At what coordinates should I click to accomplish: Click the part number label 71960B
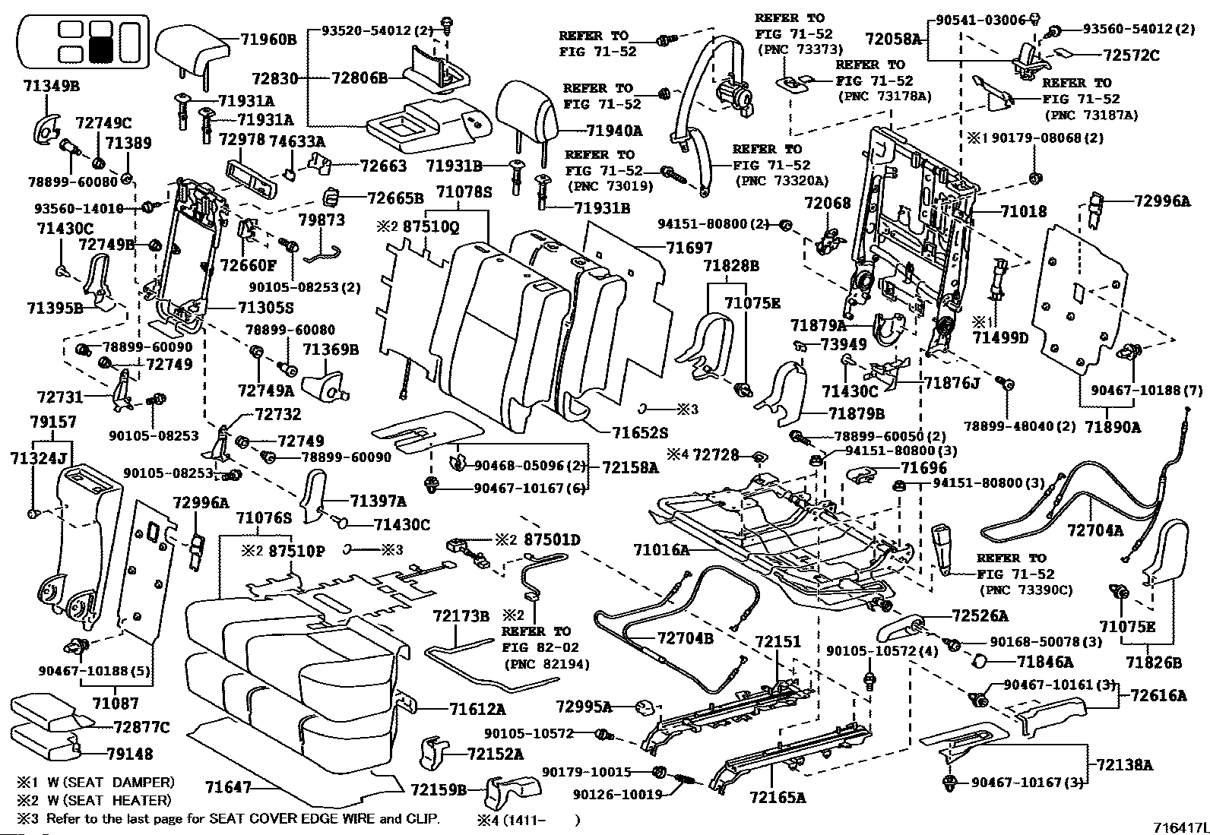(x=268, y=40)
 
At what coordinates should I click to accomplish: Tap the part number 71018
(x=1023, y=211)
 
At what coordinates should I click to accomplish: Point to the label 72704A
(x=1095, y=530)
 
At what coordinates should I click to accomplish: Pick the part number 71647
(x=228, y=788)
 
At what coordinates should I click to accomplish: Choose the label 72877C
(x=142, y=727)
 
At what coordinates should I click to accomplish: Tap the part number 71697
(x=689, y=248)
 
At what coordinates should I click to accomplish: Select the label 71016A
(x=662, y=550)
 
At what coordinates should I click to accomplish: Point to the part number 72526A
(x=980, y=615)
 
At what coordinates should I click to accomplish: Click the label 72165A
(x=778, y=797)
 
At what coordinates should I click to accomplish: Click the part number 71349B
(x=52, y=86)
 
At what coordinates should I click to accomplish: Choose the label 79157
(x=53, y=422)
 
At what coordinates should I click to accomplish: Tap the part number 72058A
(x=894, y=40)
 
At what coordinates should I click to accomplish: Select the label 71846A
(x=1045, y=662)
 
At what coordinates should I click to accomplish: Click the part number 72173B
(x=461, y=616)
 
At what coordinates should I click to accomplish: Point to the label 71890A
(x=1113, y=427)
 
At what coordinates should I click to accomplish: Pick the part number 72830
(x=275, y=79)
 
